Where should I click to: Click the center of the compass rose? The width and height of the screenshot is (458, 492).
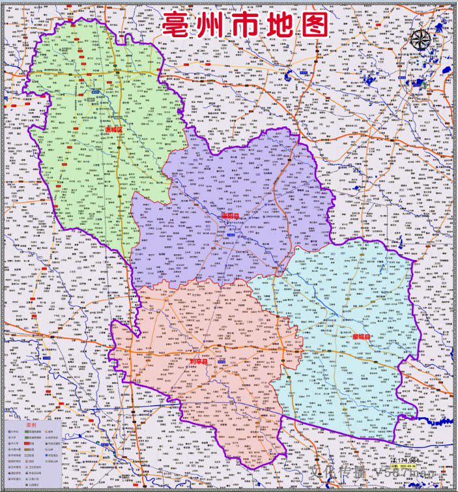tap(421, 40)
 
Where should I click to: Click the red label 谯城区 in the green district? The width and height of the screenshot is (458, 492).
tap(114, 129)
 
